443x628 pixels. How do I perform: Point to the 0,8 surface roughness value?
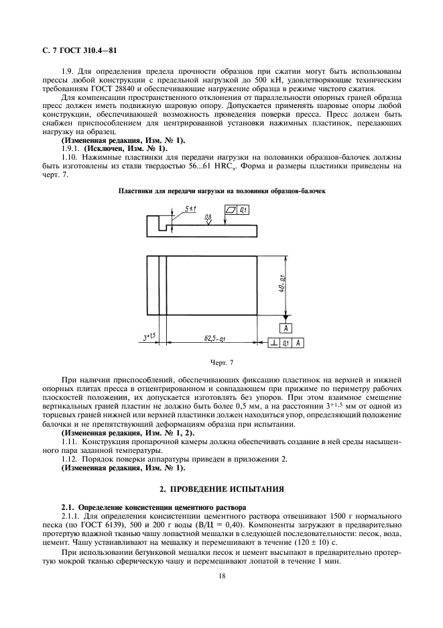coord(209,217)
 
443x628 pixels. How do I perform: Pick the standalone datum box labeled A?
coord(286,328)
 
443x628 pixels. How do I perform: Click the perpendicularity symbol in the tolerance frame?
coord(275,343)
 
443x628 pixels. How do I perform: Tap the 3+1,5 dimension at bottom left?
coord(148,338)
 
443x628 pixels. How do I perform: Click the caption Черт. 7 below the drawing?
coord(221,363)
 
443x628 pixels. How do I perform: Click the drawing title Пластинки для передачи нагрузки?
coord(221,191)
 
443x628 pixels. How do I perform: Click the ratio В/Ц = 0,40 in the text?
coord(227,513)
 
